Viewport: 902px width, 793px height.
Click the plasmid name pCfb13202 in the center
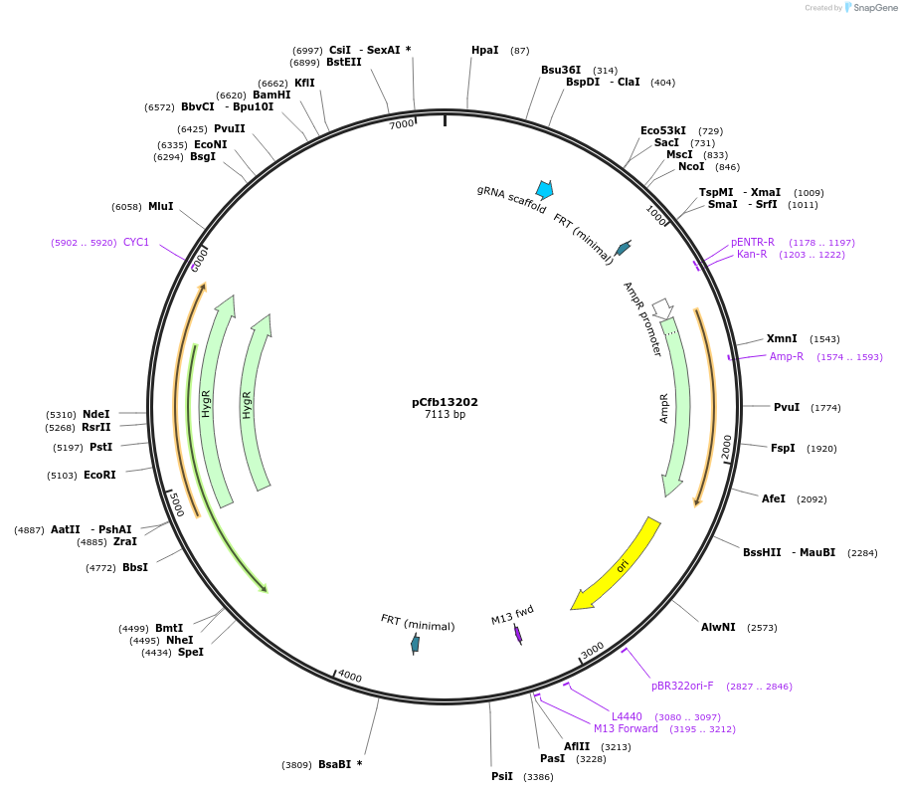pyautogui.click(x=445, y=402)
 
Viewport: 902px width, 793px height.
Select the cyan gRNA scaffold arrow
pyautogui.click(x=544, y=189)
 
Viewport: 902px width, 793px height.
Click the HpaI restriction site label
pyautogui.click(x=484, y=50)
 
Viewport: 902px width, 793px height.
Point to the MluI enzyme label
pyautogui.click(x=160, y=206)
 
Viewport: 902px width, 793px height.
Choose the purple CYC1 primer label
pyautogui.click(x=136, y=242)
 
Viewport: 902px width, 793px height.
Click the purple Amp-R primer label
pyautogui.click(x=786, y=356)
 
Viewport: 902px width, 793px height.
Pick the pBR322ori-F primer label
pyautogui.click(x=682, y=686)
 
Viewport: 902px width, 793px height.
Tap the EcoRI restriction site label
pyautogui.click(x=99, y=475)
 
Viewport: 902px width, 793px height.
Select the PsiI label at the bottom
pyautogui.click(x=502, y=776)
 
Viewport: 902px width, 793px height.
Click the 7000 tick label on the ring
pyautogui.click(x=401, y=124)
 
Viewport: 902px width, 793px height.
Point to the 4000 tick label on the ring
pyautogui.click(x=349, y=677)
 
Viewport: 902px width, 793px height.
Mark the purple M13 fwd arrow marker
pyautogui.click(x=518, y=634)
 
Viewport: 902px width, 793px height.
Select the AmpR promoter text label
pyautogui.click(x=642, y=318)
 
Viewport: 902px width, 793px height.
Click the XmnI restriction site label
pyautogui.click(x=782, y=338)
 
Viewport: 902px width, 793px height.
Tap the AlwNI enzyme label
pyautogui.click(x=718, y=627)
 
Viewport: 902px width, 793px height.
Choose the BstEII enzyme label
pyautogui.click(x=344, y=62)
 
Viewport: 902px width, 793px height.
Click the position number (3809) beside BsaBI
pyautogui.click(x=297, y=765)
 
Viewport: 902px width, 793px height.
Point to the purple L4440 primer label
pyautogui.click(x=627, y=716)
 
